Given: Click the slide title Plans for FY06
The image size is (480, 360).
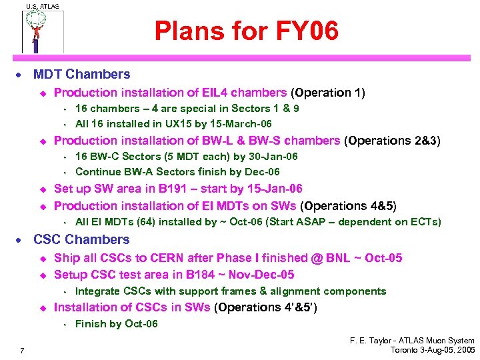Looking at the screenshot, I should click(247, 30).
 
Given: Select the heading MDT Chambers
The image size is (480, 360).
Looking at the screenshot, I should click(81, 75).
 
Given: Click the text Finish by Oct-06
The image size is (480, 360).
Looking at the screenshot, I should click(117, 324).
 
